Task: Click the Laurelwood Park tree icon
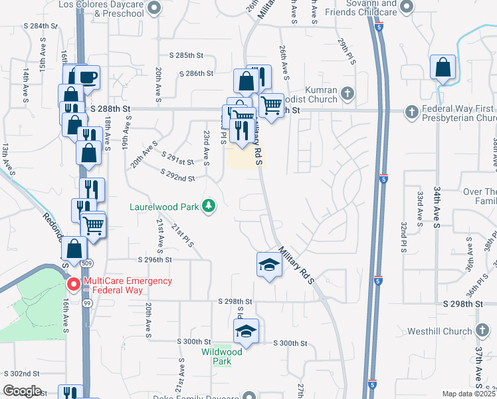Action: [x=209, y=205]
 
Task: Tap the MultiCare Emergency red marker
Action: [x=74, y=285]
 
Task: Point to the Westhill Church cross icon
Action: [x=482, y=331]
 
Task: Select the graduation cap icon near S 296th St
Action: [x=268, y=265]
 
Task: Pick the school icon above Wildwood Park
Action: [x=246, y=331]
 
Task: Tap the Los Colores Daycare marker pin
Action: [x=154, y=9]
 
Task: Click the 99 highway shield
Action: [x=86, y=303]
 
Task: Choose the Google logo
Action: [x=22, y=391]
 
